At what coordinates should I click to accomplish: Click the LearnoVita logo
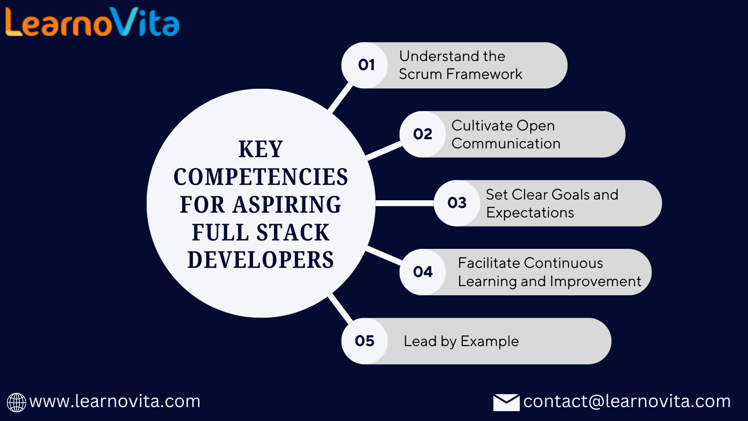click(93, 22)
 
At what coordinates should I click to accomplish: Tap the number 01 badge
click(365, 65)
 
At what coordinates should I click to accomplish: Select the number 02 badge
click(423, 134)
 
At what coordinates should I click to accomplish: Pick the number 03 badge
click(457, 203)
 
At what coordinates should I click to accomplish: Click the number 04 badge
click(423, 272)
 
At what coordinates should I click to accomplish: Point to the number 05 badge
click(365, 341)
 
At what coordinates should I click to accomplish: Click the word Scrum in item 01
click(420, 74)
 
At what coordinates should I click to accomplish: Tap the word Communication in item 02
click(506, 144)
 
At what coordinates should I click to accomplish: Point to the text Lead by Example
click(461, 341)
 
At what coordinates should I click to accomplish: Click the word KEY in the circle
click(261, 149)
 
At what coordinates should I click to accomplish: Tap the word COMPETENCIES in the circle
click(261, 177)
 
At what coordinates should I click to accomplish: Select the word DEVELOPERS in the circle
click(261, 260)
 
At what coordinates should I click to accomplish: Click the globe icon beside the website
click(16, 403)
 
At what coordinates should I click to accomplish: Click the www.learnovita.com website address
click(115, 401)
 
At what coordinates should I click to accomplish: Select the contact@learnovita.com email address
click(627, 401)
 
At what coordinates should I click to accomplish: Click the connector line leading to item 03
click(405, 203)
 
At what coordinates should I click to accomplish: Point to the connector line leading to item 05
click(340, 309)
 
